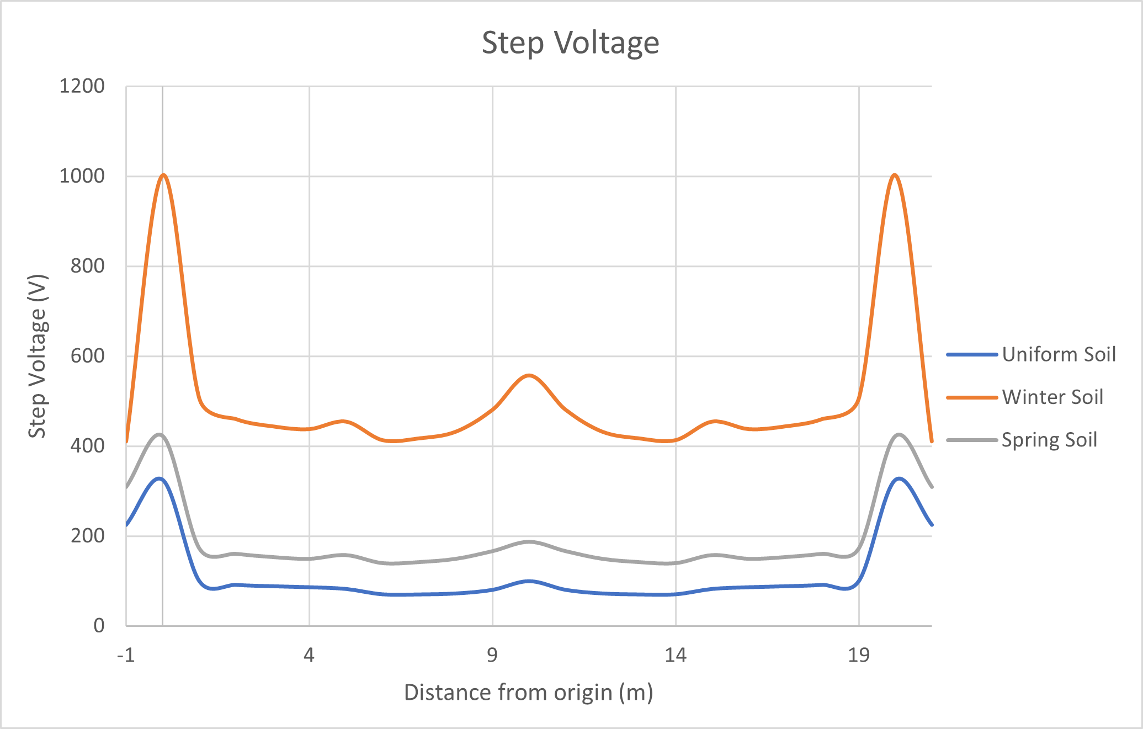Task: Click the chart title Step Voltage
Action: [x=570, y=43]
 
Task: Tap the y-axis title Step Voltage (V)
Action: [x=38, y=356]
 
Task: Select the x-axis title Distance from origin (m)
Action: [x=528, y=692]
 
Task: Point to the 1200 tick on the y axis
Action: [x=82, y=86]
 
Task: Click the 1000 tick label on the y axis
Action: [x=82, y=176]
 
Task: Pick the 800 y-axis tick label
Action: [x=87, y=266]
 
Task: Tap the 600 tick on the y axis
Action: [x=87, y=356]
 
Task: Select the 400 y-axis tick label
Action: [x=87, y=446]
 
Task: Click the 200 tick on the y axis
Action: [x=87, y=536]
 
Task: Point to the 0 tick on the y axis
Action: [x=99, y=626]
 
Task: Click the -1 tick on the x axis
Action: [x=126, y=655]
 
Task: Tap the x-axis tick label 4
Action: [x=309, y=655]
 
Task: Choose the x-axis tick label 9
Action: [x=492, y=655]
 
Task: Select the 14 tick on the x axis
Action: [x=676, y=655]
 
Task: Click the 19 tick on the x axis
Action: [x=859, y=655]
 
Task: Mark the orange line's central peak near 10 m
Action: [x=529, y=375]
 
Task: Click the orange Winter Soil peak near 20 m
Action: [x=895, y=175]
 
